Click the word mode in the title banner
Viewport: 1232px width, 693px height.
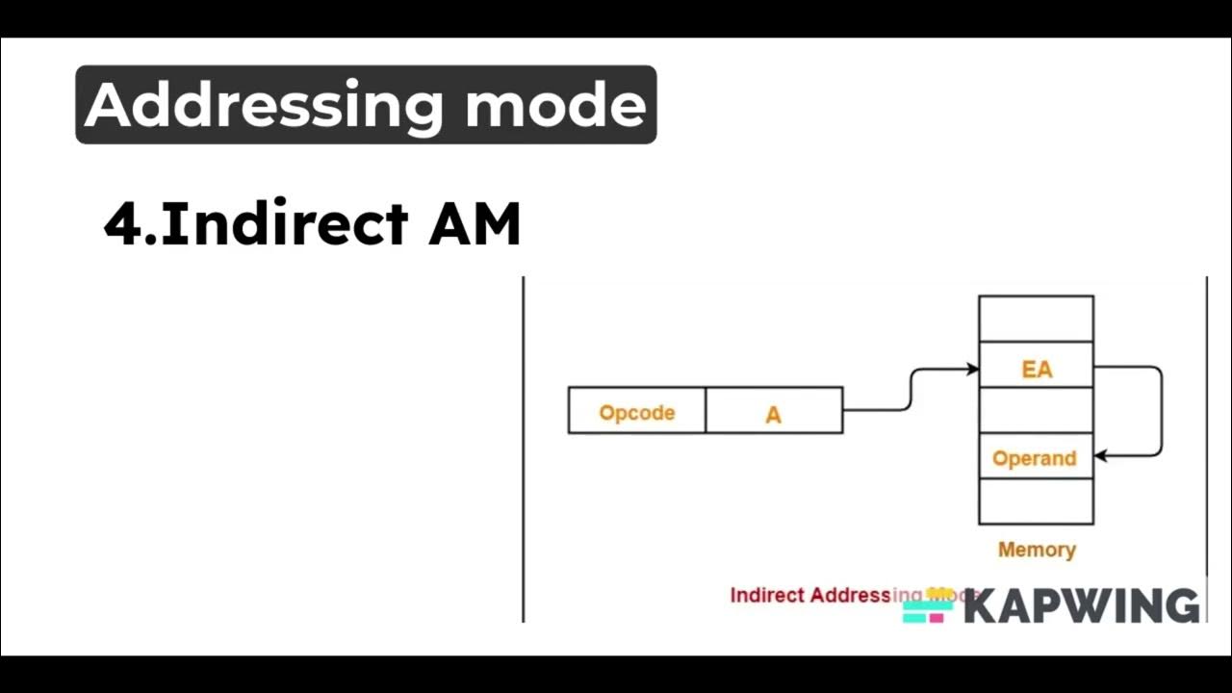click(x=555, y=105)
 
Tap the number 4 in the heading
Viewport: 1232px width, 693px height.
click(x=121, y=224)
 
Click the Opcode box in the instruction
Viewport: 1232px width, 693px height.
click(x=636, y=412)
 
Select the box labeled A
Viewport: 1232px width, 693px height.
click(x=774, y=412)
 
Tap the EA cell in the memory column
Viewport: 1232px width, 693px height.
click(x=1036, y=367)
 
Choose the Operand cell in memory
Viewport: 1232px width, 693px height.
click(x=1035, y=457)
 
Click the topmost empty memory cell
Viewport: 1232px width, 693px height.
click(x=1036, y=319)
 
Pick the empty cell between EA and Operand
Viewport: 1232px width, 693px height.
click(x=1036, y=411)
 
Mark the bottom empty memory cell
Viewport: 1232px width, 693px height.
click(x=1036, y=501)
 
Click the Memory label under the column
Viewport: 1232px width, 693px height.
click(x=1037, y=550)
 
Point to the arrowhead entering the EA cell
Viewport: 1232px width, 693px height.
click(x=973, y=369)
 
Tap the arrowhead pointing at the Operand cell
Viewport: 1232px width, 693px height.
click(x=1100, y=456)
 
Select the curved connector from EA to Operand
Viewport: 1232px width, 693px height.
click(x=1161, y=412)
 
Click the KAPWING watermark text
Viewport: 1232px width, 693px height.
click(x=1081, y=606)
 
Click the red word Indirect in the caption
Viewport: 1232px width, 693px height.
click(x=766, y=595)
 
